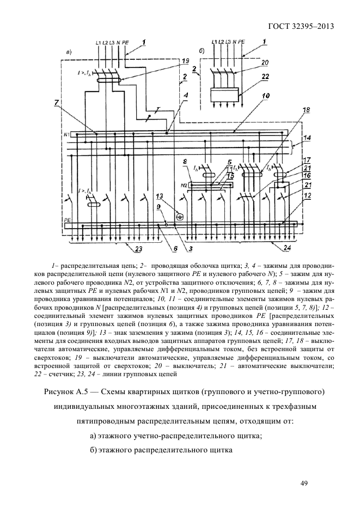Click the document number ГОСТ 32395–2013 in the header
[301, 26]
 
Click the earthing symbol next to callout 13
[176, 216]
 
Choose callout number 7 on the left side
[57, 103]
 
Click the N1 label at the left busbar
[66, 134]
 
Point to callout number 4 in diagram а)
[186, 96]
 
